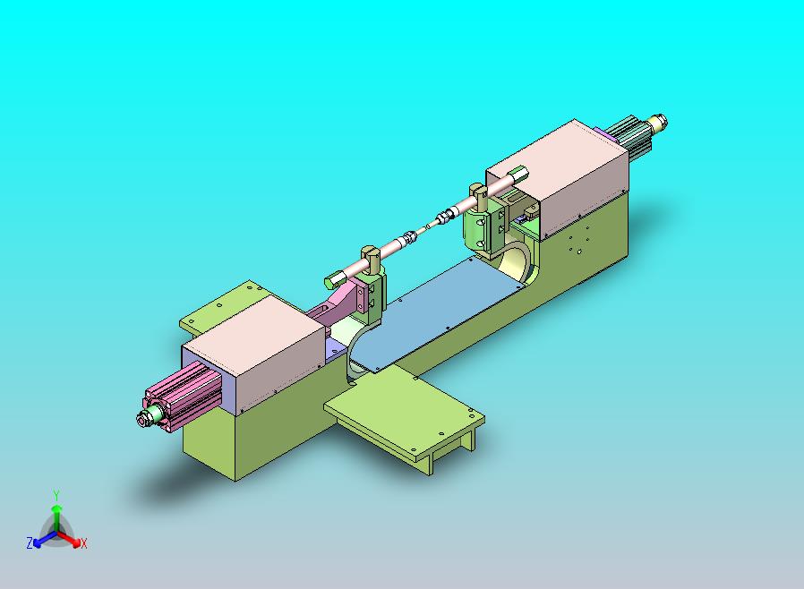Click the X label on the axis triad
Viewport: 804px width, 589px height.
coord(83,543)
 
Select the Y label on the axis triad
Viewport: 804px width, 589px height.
coord(56,495)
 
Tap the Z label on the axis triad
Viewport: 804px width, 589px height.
coord(30,542)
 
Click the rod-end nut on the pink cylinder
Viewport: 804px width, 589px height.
coord(143,419)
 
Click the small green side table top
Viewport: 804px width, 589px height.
coord(403,411)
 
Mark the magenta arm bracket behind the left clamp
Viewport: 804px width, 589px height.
coord(336,304)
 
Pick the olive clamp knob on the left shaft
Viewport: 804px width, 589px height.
coord(369,255)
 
